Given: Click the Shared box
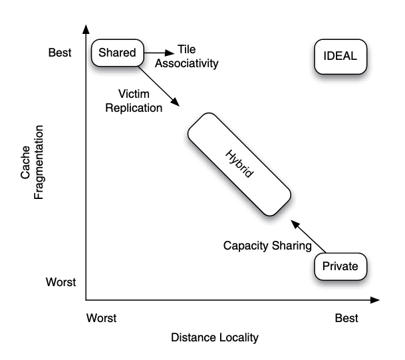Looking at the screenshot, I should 117,53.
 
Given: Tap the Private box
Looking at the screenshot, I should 340,266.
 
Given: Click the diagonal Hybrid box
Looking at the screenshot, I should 239,164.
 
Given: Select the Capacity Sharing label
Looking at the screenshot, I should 267,246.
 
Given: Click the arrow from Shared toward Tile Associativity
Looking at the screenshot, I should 158,52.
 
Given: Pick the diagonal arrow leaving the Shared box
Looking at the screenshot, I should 160,86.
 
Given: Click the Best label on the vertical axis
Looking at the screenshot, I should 60,51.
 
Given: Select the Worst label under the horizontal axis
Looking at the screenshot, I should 101,317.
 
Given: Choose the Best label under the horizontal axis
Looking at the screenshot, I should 346,317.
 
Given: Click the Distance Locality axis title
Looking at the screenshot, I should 214,337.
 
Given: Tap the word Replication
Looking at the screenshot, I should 133,107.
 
